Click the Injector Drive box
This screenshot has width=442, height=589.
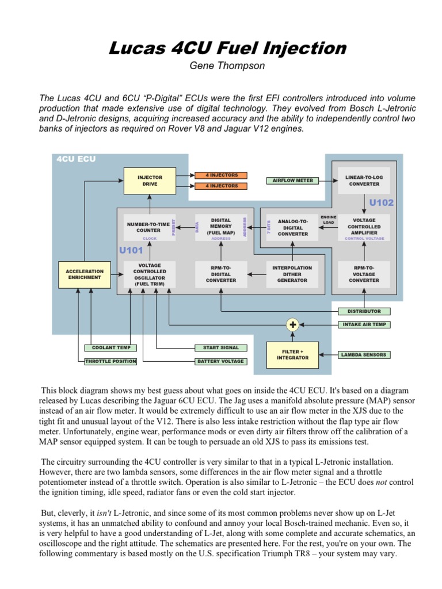coord(149,180)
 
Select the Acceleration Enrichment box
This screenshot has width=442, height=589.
coord(84,274)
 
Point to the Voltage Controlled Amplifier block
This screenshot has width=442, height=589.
coord(364,227)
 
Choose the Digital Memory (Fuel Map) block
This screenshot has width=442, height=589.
coord(221,227)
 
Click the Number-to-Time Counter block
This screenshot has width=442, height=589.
coord(149,227)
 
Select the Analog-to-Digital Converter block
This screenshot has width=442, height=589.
coord(292,227)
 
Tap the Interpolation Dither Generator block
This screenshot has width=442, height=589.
coord(292,274)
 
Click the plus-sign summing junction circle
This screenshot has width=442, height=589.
coord(293,324)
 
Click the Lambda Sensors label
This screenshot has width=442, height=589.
coord(363,355)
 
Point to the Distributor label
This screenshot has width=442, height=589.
coord(364,311)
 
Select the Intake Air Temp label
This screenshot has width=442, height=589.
coord(363,324)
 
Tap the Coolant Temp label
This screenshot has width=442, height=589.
coord(111,347)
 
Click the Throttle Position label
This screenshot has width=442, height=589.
coord(111,361)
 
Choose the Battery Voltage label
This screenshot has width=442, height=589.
coord(220,361)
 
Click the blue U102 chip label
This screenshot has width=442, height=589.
coord(381,202)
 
